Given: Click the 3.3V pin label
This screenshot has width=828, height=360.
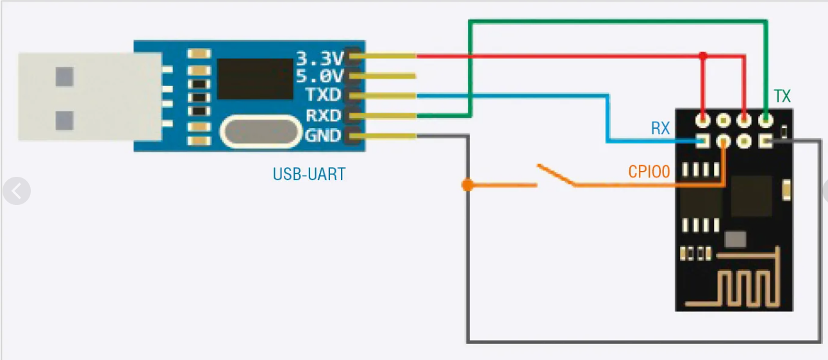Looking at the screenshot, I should pyautogui.click(x=319, y=59).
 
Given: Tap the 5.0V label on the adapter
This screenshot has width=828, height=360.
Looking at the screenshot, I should pyautogui.click(x=319, y=78).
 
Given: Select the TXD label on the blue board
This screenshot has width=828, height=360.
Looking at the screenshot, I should pyautogui.click(x=323, y=97).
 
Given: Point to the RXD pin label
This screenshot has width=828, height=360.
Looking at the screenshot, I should pyautogui.click(x=323, y=116).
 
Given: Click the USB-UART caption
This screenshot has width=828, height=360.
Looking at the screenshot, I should pyautogui.click(x=309, y=174).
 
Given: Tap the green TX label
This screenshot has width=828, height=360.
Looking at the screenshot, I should pyautogui.click(x=782, y=97).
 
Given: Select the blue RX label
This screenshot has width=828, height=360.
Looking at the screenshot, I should pyautogui.click(x=660, y=129).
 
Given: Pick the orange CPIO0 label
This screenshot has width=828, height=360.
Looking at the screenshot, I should pyautogui.click(x=649, y=172).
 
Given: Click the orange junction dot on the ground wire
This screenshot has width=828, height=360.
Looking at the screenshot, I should pyautogui.click(x=467, y=186).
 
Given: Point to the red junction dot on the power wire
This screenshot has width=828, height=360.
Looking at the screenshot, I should pyautogui.click(x=704, y=56).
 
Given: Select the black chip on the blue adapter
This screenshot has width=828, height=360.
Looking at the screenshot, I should pyautogui.click(x=254, y=79).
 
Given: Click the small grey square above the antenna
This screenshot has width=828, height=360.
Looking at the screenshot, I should pyautogui.click(x=735, y=239).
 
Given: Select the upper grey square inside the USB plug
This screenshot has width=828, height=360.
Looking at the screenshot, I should pyautogui.click(x=65, y=77).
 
